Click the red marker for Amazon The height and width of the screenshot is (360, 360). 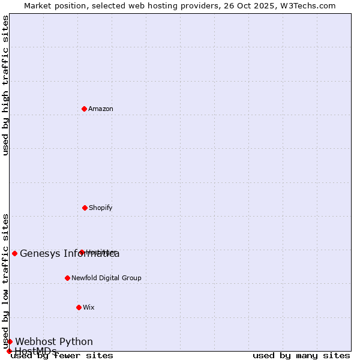click(x=84, y=109)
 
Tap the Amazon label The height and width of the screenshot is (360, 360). click(x=101, y=109)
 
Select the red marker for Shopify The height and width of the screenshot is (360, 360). click(x=85, y=208)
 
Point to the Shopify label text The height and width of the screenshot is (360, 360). click(x=100, y=208)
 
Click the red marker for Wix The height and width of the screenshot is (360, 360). click(x=79, y=307)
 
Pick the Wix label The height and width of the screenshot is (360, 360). click(x=89, y=307)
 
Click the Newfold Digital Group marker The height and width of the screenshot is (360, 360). click(x=67, y=278)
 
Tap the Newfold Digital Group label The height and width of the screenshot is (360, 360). click(x=106, y=278)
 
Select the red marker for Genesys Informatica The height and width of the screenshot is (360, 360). click(x=14, y=253)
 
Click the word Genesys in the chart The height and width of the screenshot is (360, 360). click(x=40, y=253)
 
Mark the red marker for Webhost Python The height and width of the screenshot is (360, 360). click(x=10, y=341)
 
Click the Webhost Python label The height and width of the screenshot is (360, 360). click(x=54, y=341)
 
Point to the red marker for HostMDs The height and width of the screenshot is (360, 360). click(x=9, y=351)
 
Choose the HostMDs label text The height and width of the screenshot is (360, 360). click(x=35, y=351)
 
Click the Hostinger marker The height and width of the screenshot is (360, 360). click(x=82, y=252)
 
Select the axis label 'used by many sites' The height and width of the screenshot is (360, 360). click(x=301, y=356)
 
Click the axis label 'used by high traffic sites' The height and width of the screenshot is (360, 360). click(x=5, y=85)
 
